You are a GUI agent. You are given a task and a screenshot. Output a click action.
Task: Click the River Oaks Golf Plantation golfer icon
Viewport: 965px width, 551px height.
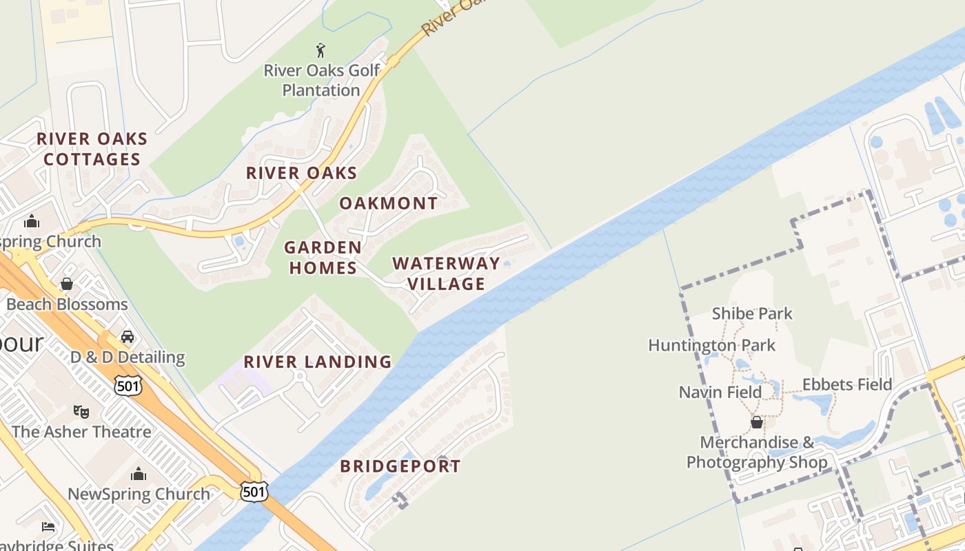point(321,50)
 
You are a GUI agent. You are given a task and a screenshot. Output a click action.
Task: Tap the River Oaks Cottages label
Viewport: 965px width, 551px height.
point(92,149)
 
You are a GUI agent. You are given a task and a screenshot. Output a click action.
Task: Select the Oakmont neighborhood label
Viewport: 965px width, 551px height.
point(388,203)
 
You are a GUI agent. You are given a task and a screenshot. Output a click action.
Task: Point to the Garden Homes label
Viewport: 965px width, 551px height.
point(323,257)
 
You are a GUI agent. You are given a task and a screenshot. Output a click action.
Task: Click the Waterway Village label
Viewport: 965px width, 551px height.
point(446,273)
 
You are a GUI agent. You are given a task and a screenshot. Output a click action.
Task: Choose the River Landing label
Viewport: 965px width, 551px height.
point(318,362)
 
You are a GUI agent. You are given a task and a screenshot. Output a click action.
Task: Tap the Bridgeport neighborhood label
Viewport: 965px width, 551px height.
point(400,466)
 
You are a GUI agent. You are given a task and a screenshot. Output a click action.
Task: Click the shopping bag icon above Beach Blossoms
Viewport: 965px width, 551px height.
point(67,284)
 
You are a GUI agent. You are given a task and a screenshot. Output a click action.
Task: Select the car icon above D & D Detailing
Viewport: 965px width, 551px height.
point(128,337)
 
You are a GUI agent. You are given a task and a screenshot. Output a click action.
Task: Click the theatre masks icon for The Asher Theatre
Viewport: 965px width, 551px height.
point(81,411)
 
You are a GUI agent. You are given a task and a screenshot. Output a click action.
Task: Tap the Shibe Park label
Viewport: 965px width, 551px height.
point(752,313)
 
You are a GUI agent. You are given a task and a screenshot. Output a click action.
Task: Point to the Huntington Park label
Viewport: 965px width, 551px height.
point(711,345)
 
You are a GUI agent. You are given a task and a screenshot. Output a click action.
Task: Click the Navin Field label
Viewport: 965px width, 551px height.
point(720,392)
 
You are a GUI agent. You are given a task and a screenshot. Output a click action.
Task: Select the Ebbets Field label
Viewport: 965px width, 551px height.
point(847,384)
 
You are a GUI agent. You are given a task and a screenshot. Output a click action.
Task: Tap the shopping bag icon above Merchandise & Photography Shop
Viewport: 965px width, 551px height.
point(756,422)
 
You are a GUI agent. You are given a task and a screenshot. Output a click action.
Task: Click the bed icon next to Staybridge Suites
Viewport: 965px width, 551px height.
point(48,527)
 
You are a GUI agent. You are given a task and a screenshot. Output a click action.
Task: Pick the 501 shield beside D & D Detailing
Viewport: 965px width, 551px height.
point(129,386)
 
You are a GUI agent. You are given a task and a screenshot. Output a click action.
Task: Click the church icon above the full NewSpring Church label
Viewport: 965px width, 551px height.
point(139,474)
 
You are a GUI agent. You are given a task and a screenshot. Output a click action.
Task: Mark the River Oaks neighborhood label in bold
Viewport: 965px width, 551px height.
point(301,173)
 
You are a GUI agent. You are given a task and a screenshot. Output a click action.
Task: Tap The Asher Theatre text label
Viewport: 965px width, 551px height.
point(81,432)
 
